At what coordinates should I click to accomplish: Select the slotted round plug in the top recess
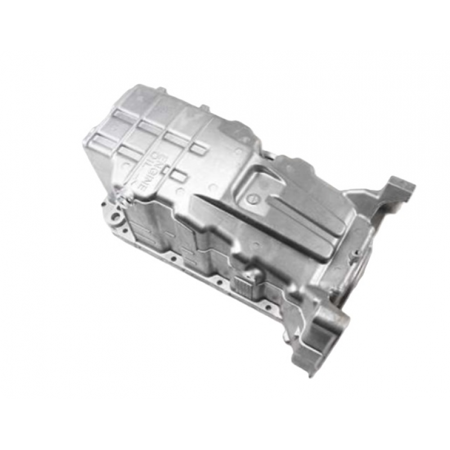click(x=253, y=198)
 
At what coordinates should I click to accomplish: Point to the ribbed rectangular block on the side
click(x=242, y=286)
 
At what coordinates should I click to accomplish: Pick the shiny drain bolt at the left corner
click(x=127, y=195)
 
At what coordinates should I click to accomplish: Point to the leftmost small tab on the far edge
click(x=160, y=90)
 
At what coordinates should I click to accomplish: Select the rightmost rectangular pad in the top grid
click(x=199, y=148)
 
